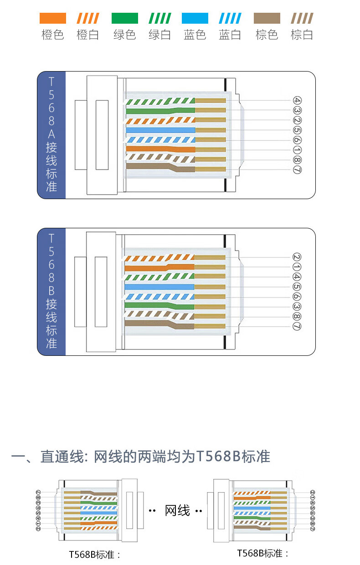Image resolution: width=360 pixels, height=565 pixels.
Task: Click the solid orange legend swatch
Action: coord(53,18)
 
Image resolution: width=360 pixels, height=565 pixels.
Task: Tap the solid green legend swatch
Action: coord(124,18)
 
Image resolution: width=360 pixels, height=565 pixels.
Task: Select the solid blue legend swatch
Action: coord(195,18)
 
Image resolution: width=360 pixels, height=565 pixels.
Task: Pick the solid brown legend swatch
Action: coord(267,18)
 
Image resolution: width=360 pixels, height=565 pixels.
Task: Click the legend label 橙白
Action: coord(88,35)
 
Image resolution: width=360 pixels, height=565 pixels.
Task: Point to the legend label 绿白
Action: coord(159,35)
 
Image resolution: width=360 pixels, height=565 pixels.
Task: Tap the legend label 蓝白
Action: coord(230,35)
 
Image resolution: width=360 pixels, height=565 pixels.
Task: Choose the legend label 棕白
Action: coord(302,35)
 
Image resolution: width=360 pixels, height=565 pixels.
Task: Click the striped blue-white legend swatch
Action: coord(230,18)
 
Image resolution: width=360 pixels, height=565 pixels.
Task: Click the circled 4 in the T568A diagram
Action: coord(298,101)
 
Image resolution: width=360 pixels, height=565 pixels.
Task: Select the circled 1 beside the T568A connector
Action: coord(298,150)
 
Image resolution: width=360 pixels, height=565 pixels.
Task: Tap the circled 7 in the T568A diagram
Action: coord(298,170)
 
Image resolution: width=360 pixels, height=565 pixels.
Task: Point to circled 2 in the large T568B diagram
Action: coord(298,257)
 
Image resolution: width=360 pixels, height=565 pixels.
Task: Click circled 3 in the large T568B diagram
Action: coord(298,307)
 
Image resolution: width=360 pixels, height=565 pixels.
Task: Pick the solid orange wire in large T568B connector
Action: coord(159,267)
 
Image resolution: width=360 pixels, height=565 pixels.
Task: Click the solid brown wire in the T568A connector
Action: coord(159,168)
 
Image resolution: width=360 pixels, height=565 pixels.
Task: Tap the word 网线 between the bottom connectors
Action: coord(177,510)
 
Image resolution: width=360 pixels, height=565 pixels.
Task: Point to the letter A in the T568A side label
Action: coord(51,134)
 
